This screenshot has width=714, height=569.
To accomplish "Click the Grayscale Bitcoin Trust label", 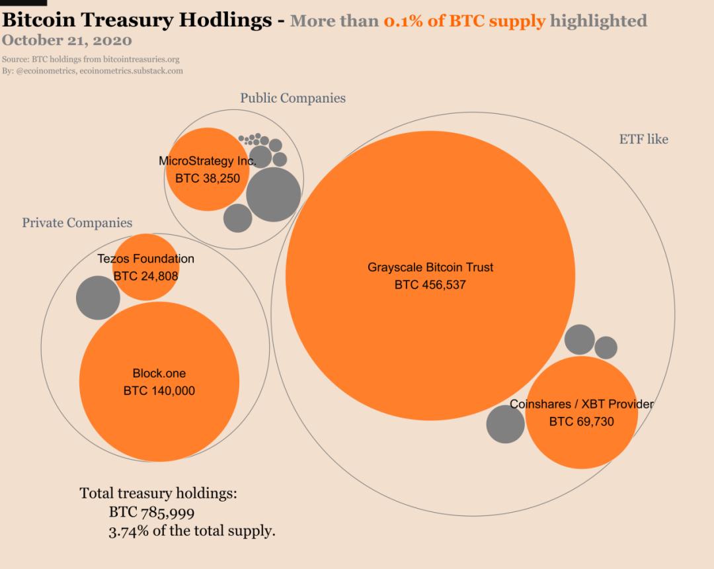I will (430, 268).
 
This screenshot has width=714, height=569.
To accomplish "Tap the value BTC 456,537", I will (430, 285).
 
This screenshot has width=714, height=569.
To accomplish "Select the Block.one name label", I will (159, 374).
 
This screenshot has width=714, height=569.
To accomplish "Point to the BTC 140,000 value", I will (159, 391).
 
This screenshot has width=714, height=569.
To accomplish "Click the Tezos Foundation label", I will (145, 259).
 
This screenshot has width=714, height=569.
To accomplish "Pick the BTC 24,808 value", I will (145, 276).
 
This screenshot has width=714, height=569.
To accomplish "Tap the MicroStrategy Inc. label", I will (207, 161).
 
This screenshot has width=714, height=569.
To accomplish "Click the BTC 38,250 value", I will (207, 178).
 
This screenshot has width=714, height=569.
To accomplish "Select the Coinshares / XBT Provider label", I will (581, 404).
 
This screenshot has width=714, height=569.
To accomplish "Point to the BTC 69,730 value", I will (581, 421).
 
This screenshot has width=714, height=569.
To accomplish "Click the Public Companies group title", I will (292, 99).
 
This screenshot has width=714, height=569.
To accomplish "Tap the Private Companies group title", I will (77, 223).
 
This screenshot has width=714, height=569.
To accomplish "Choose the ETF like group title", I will (643, 140).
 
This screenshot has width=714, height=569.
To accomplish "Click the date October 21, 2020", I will (67, 40).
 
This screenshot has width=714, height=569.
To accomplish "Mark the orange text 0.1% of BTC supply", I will (464, 21).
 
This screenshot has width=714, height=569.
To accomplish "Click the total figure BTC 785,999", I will (151, 513).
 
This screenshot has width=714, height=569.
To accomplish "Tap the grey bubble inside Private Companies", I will (98, 297).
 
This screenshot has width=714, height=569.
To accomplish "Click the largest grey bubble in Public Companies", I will (273, 195).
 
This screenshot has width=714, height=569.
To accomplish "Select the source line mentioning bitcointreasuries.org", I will (91, 60).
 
